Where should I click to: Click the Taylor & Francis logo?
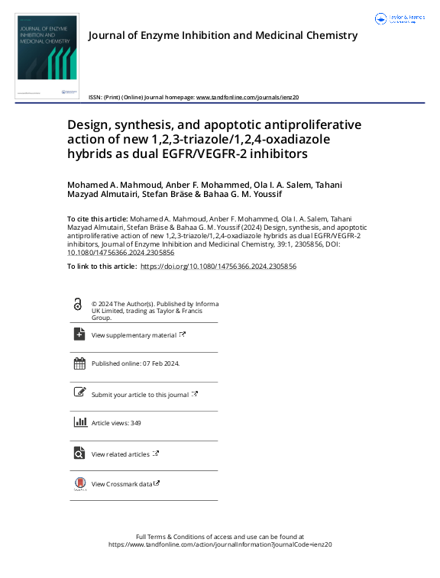coord(400,18)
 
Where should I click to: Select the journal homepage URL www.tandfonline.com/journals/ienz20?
coord(247,98)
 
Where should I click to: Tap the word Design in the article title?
coord(88,125)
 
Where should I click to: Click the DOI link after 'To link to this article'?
coord(218,266)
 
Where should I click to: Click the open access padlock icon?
coord(78,304)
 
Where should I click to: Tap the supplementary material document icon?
coord(79,334)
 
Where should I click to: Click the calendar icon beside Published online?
coord(79,363)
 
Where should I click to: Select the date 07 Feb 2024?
coord(161,364)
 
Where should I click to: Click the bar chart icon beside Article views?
coord(79,422)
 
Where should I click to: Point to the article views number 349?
coord(135,423)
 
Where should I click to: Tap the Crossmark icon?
coord(79,484)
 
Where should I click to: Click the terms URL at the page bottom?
coord(220,544)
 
